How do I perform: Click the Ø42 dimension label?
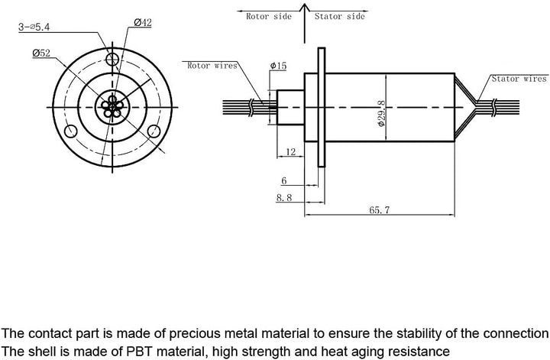(x=142, y=23)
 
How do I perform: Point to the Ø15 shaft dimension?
(x=278, y=66)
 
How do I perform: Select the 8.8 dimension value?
(x=283, y=197)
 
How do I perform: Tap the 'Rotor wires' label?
(x=212, y=66)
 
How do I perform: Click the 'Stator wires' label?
(x=519, y=78)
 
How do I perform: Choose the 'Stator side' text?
(x=339, y=15)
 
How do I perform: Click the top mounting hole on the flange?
(x=113, y=60)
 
